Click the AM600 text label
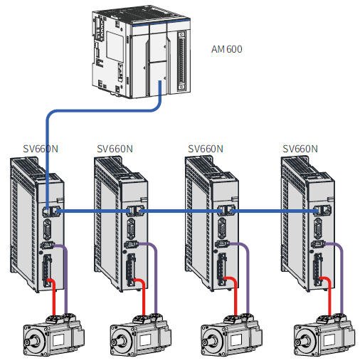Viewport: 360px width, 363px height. [226, 49]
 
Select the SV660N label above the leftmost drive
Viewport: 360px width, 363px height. [41, 149]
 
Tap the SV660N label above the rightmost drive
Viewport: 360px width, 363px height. [300, 149]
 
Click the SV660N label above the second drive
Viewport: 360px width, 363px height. [115, 149]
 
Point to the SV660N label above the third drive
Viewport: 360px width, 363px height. [206, 149]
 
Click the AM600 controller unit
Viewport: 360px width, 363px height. [141, 52]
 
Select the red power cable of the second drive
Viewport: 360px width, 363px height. [143, 297]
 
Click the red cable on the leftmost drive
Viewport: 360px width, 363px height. [53, 297]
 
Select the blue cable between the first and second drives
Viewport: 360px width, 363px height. [93, 211]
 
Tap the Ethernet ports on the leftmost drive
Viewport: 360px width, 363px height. [51, 211]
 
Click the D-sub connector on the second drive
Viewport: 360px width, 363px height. [131, 228]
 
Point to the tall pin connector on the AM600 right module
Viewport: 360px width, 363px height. [181, 61]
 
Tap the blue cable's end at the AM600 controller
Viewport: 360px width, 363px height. [160, 82]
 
